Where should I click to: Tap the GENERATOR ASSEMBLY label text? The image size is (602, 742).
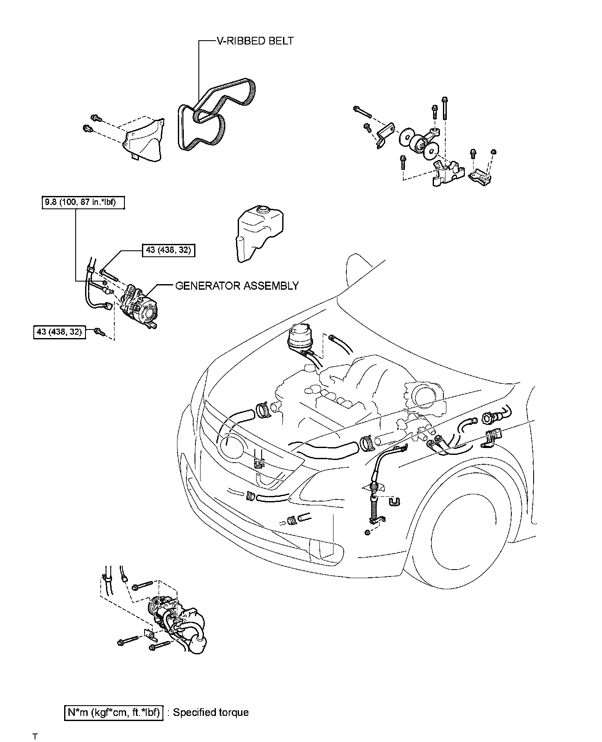[237, 285]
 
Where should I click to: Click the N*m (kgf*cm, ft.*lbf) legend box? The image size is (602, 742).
[114, 712]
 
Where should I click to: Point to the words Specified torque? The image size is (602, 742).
[211, 712]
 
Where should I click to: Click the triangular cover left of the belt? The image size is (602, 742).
[143, 139]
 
